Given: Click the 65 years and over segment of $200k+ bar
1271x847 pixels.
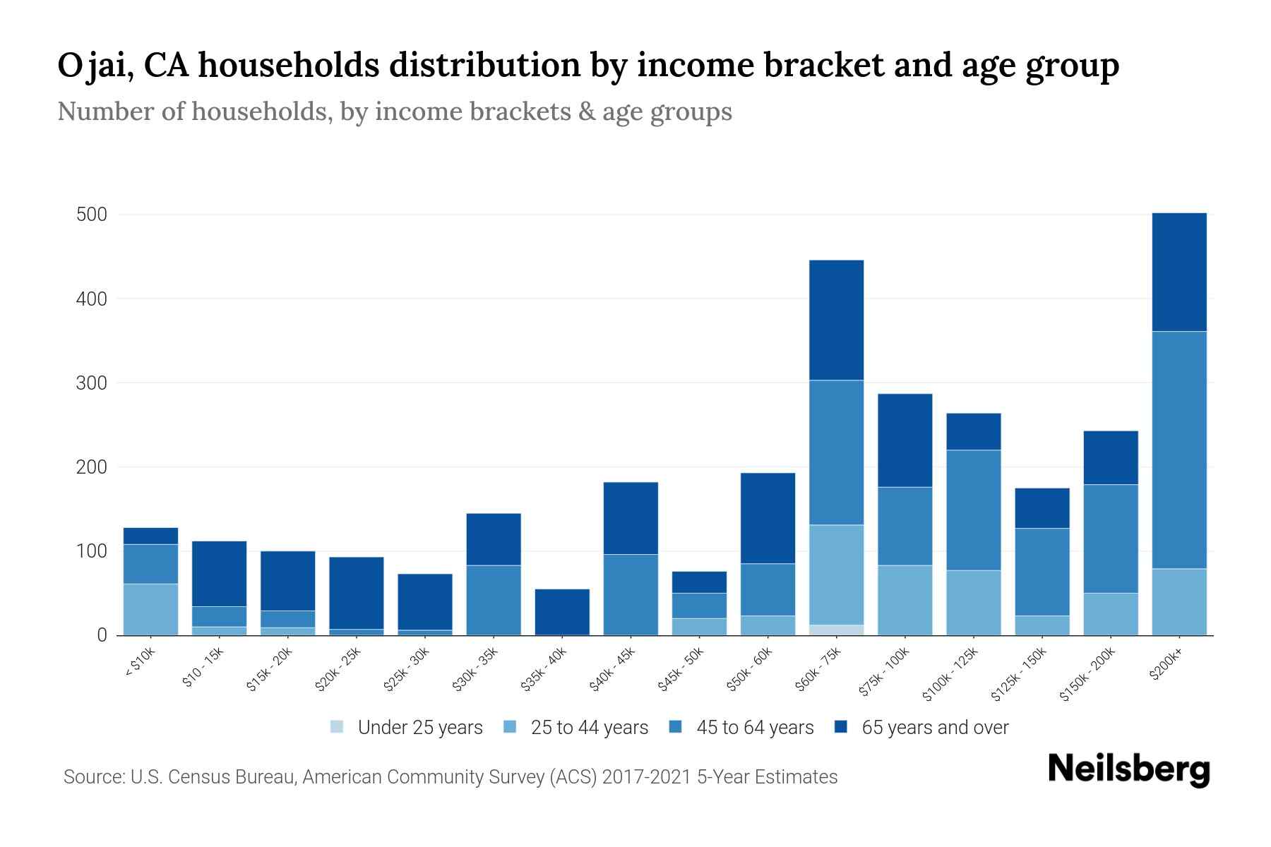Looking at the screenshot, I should coord(1178,272).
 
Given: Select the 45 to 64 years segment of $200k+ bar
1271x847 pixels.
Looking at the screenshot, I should coord(1178,450).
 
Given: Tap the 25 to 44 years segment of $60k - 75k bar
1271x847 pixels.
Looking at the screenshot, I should coord(836,575).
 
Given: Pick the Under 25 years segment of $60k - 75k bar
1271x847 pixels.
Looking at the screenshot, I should coord(836,630).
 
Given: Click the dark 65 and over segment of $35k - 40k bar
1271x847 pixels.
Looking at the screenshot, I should coord(562,611).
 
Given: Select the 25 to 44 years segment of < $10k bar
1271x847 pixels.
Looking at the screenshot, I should coord(150,609).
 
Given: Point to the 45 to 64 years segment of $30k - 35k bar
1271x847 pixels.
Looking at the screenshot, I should coord(494,600).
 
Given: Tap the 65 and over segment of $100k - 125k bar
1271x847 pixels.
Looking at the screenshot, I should coord(973,431).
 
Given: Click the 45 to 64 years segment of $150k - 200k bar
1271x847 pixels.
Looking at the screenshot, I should coord(1110,539).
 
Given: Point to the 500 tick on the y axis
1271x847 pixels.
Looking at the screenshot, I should coord(92,215).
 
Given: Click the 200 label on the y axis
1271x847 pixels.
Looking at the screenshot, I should coord(92,467).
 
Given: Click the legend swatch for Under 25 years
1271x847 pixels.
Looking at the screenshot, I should coord(338,727).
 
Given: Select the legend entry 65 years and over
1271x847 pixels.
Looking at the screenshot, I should coord(934,728).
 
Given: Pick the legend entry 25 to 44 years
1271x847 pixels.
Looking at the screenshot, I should coord(589,728).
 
